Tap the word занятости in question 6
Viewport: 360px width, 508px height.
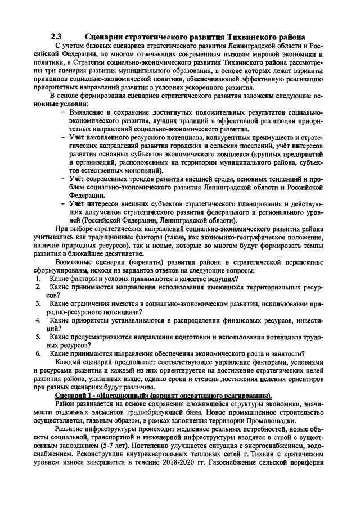tap(284, 353)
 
